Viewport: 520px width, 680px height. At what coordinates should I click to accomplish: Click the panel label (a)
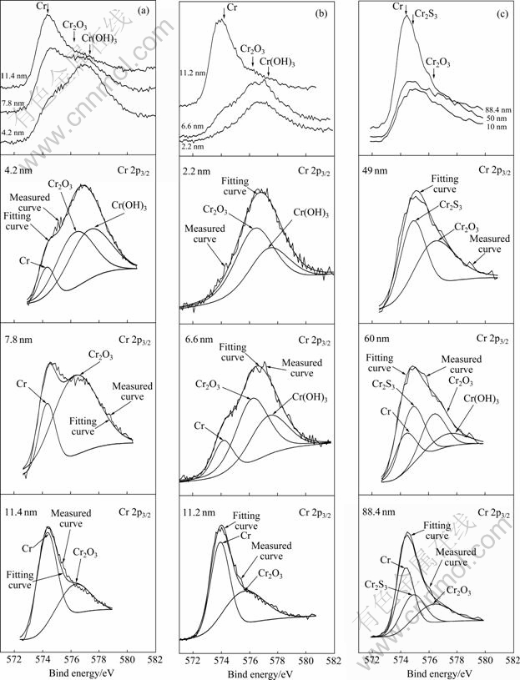[x=144, y=10]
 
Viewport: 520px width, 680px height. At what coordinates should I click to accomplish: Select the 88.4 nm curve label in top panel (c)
[x=495, y=109]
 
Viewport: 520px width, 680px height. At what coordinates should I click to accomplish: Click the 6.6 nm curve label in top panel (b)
[x=192, y=126]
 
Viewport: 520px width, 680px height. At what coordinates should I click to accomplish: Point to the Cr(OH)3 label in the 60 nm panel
[x=481, y=400]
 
